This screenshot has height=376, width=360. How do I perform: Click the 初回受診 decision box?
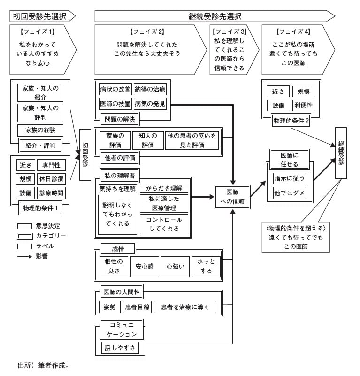pos(85,155)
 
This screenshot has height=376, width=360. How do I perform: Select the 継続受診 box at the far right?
pos(341,153)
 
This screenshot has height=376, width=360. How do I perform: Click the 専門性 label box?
pos(52,165)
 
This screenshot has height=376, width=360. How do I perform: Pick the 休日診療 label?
pos(52,179)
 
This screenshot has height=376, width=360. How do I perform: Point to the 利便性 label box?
pos(304,105)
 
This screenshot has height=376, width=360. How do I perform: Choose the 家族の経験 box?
pos(40,130)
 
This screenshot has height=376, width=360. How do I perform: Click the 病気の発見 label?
pos(150,103)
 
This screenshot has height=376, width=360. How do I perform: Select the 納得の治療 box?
pos(150,89)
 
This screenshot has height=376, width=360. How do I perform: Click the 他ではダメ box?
pos(290,193)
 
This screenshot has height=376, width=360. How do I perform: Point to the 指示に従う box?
pos(290,178)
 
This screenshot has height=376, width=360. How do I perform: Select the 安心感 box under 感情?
pos(145,266)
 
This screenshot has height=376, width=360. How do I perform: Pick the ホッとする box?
pos(206,266)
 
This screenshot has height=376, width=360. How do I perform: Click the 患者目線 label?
pos(137,307)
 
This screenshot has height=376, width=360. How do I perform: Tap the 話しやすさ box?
pos(120,348)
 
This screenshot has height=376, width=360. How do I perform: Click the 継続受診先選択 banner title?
pos(214,16)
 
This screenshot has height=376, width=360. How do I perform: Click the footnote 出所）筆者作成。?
pos(43,365)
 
